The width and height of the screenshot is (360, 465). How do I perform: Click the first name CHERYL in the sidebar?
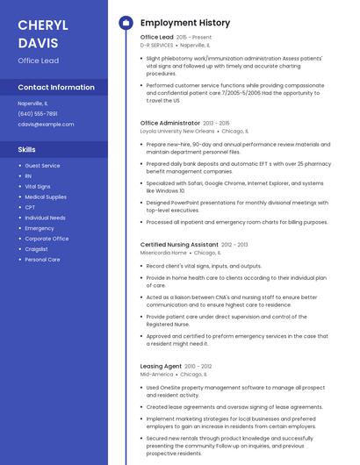click(x=42, y=24)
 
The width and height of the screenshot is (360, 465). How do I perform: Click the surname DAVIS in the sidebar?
click(x=38, y=42)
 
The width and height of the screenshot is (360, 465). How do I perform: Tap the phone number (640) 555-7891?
click(x=38, y=114)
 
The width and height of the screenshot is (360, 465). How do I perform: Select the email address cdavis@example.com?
click(x=46, y=125)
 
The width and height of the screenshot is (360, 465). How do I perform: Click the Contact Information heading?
click(x=56, y=88)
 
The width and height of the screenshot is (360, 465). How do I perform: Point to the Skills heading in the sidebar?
click(x=26, y=150)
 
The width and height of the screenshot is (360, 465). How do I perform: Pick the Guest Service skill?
click(x=42, y=166)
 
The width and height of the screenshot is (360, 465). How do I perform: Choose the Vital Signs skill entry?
click(x=38, y=187)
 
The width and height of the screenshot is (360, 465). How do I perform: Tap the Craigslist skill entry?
click(x=37, y=249)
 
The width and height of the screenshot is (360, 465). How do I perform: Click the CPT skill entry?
click(x=30, y=207)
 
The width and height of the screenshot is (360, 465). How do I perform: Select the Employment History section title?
click(x=185, y=23)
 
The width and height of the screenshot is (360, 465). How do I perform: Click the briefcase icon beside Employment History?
click(x=126, y=23)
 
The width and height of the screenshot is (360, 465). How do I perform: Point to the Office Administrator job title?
click(x=170, y=123)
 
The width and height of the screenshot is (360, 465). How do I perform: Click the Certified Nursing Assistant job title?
click(x=179, y=244)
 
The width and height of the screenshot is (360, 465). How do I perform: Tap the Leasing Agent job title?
click(x=161, y=366)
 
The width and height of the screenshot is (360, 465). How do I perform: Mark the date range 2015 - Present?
click(x=194, y=38)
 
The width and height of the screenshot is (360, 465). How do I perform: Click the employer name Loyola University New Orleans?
click(x=177, y=131)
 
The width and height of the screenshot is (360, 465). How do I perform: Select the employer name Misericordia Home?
click(x=163, y=252)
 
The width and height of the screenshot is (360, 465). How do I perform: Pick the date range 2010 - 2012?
click(x=198, y=366)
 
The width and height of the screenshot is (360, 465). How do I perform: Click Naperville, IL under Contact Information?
click(x=32, y=104)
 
